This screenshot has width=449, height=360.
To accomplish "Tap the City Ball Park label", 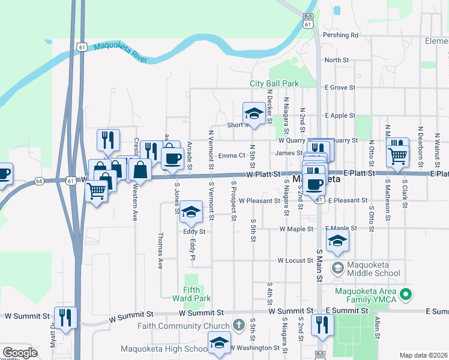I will point(274,83).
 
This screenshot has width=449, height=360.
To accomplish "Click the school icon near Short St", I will point(254,113).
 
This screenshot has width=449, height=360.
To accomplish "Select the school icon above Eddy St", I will point(191,211).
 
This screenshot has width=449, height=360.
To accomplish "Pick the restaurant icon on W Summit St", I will point(65,317).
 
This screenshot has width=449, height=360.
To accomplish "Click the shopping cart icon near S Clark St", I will point(397,155).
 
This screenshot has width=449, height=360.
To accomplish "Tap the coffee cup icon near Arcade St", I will point(172,158).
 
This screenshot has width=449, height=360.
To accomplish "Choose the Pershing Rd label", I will point(341,35).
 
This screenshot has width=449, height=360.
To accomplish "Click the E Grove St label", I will point(340,88).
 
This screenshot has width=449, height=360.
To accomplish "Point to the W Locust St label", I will point(296,261).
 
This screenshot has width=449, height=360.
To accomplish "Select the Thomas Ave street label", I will point(160,251).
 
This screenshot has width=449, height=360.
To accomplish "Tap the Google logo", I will point(20,353).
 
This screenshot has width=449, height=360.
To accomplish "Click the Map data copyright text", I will point(423,355).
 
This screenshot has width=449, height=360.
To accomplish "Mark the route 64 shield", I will point(40,179).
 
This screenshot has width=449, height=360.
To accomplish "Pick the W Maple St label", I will point(296,229).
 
